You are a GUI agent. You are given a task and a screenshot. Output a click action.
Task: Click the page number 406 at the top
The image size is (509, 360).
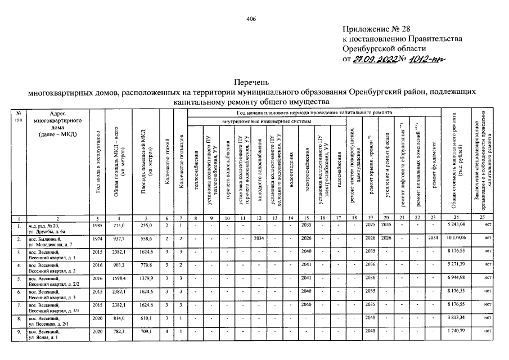[x=251, y=19]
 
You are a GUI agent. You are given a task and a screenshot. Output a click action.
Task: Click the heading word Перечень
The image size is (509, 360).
[x=253, y=82]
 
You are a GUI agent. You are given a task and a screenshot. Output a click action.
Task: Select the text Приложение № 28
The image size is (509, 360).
[x=376, y=28]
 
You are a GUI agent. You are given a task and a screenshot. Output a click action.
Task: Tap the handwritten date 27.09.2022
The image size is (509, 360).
[x=374, y=60]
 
